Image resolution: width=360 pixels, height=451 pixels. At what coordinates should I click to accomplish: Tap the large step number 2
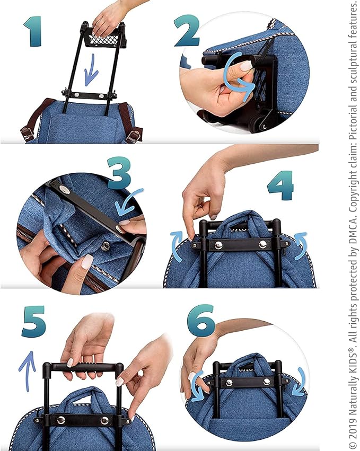pyautogui.click(x=187, y=31)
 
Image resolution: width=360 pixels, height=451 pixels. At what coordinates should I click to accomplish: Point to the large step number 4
pyautogui.click(x=280, y=185)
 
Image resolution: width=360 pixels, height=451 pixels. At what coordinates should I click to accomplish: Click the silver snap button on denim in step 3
pyautogui.click(x=107, y=245)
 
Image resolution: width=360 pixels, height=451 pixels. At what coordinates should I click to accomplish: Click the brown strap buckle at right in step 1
pyautogui.click(x=134, y=135)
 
